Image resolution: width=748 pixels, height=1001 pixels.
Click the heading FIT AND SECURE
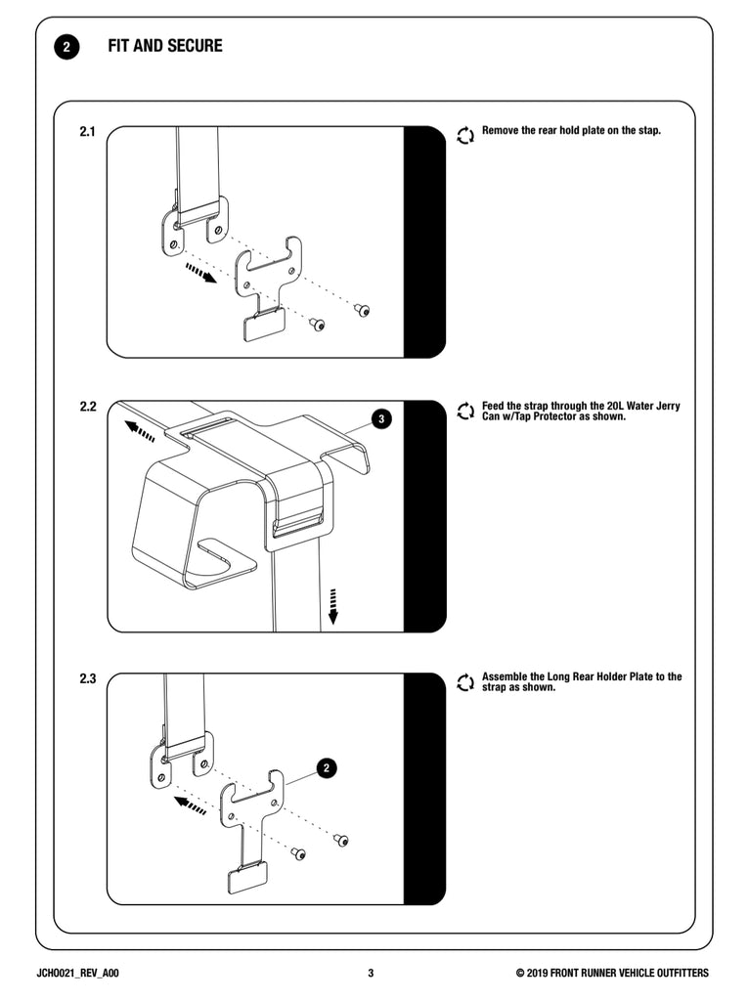(165, 46)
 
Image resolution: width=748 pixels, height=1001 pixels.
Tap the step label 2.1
(87, 131)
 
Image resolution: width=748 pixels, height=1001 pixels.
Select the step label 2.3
(87, 677)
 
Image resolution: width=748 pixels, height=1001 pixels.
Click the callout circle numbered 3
(382, 419)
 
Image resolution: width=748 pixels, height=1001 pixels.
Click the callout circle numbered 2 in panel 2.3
(328, 767)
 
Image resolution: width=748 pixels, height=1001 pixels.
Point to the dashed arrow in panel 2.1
(200, 271)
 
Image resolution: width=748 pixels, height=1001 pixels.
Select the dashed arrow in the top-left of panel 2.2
(140, 430)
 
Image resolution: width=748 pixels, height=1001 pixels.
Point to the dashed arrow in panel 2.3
(190, 805)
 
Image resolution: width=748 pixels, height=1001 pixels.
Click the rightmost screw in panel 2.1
(363, 309)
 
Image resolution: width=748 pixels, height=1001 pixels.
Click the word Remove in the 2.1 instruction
(502, 130)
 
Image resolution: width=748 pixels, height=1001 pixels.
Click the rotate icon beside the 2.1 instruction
(465, 135)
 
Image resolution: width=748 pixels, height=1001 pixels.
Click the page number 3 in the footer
(371, 973)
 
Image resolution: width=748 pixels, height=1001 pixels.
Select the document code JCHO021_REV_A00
(77, 973)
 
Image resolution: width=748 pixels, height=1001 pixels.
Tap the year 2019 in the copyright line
(546, 973)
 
